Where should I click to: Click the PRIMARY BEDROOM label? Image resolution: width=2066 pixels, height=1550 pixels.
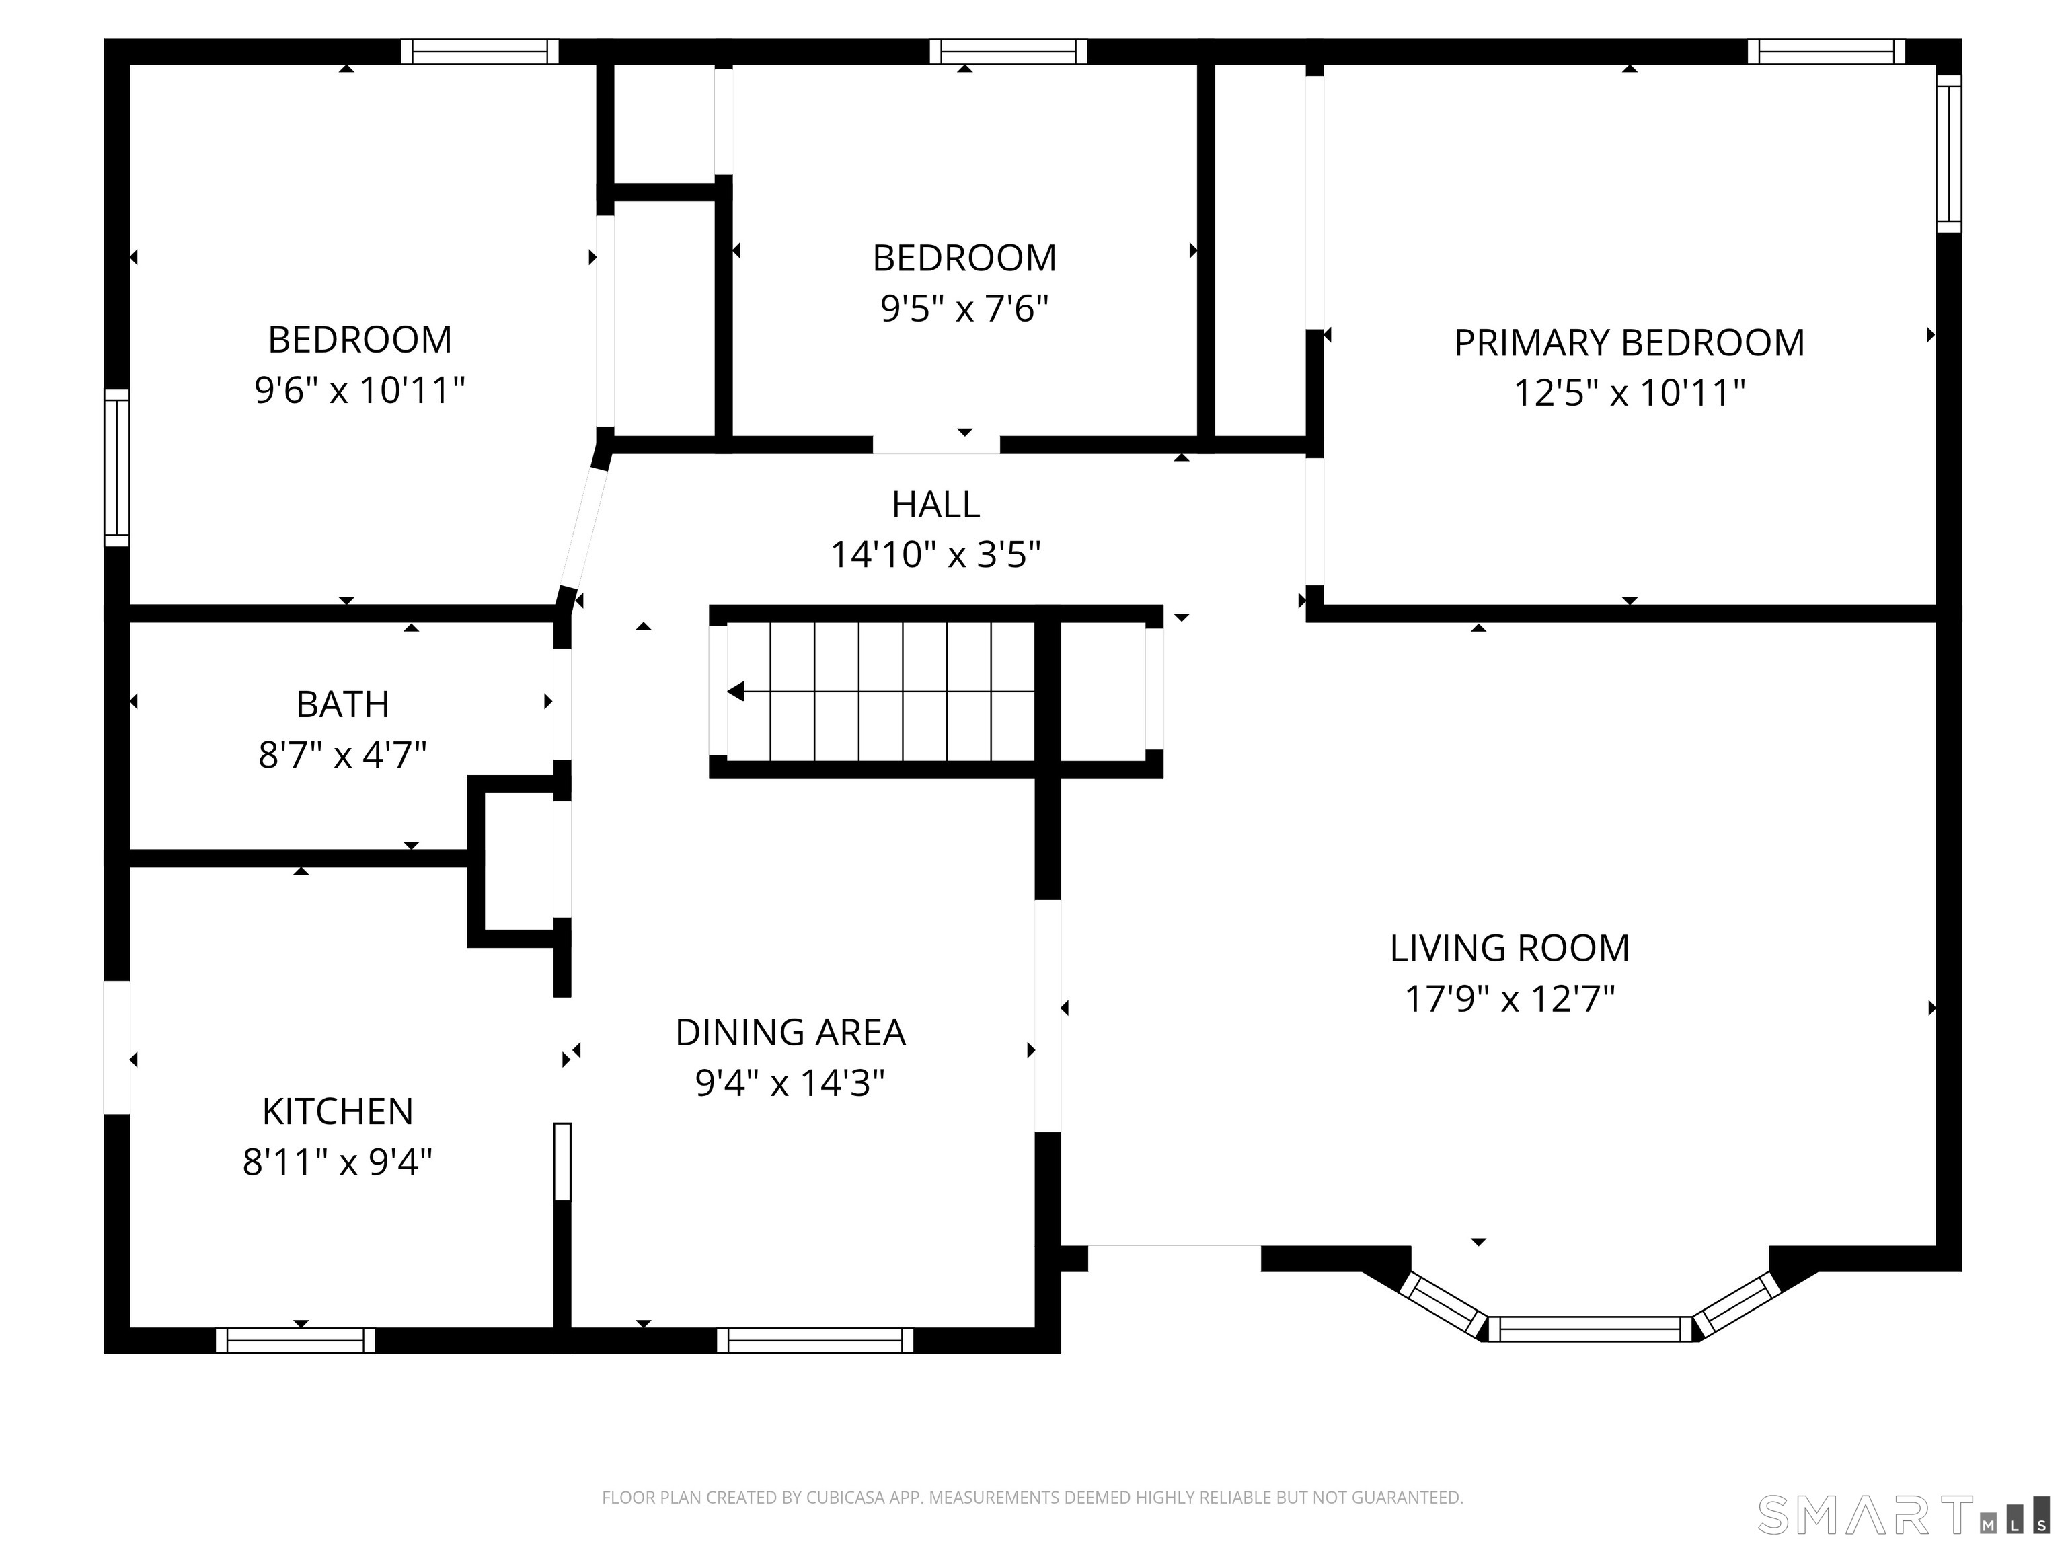click(x=1628, y=343)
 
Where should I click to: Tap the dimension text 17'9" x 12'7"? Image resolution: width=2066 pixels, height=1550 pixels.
click(x=1509, y=1000)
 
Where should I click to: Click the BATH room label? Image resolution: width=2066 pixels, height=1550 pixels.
click(x=343, y=704)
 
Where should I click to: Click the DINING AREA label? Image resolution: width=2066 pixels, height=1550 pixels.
click(x=790, y=1033)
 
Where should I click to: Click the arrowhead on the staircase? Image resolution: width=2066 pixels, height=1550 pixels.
click(x=736, y=692)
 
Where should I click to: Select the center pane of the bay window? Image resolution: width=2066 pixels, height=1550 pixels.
click(x=1590, y=1329)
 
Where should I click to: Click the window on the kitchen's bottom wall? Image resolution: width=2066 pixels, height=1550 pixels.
click(x=295, y=1340)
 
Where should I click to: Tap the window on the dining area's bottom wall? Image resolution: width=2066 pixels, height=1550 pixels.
click(x=814, y=1340)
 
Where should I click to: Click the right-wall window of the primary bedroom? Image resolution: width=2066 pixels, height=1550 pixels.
click(x=1948, y=153)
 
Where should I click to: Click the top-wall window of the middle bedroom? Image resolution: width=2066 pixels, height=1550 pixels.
click(x=1008, y=51)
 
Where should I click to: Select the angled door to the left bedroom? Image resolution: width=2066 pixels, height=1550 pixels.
click(x=584, y=528)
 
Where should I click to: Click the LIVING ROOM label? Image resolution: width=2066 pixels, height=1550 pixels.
click(x=1509, y=949)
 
